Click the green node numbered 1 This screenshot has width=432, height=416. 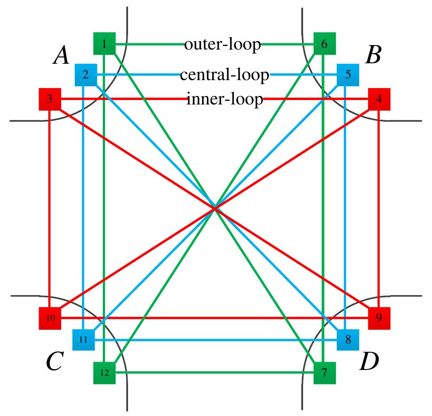click(105, 44)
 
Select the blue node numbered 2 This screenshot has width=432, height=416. click(86, 75)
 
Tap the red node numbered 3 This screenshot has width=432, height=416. click(50, 99)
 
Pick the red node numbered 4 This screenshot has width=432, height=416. click(379, 99)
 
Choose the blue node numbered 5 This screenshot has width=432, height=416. click(348, 75)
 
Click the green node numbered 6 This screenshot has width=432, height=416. click(324, 44)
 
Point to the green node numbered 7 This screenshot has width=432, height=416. click(324, 373)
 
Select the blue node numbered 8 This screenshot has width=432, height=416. click(348, 340)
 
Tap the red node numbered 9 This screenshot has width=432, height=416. click(379, 318)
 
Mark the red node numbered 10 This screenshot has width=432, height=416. click(50, 318)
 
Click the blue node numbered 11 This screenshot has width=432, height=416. click(83, 340)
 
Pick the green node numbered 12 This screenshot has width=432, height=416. click(105, 373)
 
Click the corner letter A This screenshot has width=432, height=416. click(62, 56)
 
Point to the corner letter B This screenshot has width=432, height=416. click(373, 56)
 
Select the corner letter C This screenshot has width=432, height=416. click(56, 362)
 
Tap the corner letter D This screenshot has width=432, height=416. click(369, 362)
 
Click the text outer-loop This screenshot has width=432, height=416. click(222, 44)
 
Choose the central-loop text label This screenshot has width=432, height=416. click(225, 75)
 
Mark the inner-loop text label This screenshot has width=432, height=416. click(225, 99)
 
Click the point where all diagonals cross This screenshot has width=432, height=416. click(215, 208)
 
